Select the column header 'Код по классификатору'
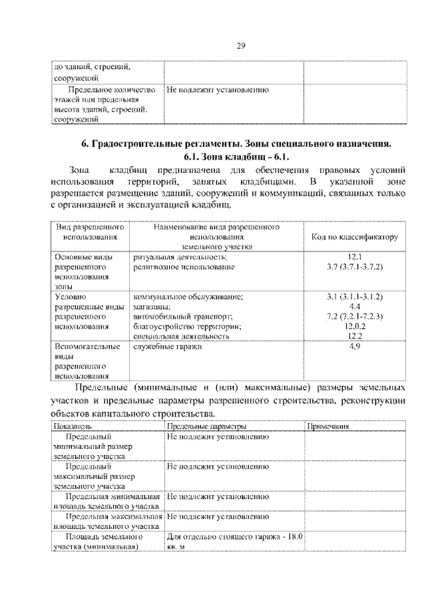coord(354,237)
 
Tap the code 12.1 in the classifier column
coord(354,256)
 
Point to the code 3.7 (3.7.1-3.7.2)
coord(354,266)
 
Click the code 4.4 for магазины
coord(354,306)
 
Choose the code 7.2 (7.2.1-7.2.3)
coord(354,316)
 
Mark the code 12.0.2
coord(354,327)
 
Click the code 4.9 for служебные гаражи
coord(354,347)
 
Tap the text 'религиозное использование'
coord(184,266)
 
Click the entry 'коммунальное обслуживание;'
coord(188,296)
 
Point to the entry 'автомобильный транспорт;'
coord(182,316)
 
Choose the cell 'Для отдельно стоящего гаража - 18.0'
coord(234,536)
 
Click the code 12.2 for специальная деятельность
coord(354,337)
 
